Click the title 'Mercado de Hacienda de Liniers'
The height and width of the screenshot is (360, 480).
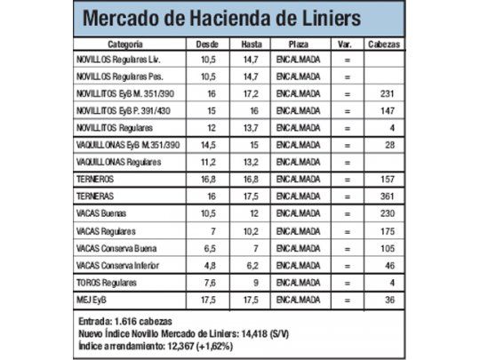[221, 19]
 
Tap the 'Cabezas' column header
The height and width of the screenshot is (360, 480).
[383, 44]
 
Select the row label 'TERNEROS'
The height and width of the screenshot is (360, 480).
[98, 179]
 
